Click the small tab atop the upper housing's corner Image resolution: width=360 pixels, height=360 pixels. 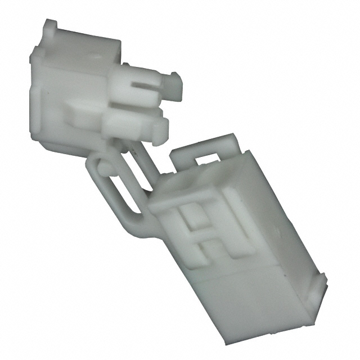50,26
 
